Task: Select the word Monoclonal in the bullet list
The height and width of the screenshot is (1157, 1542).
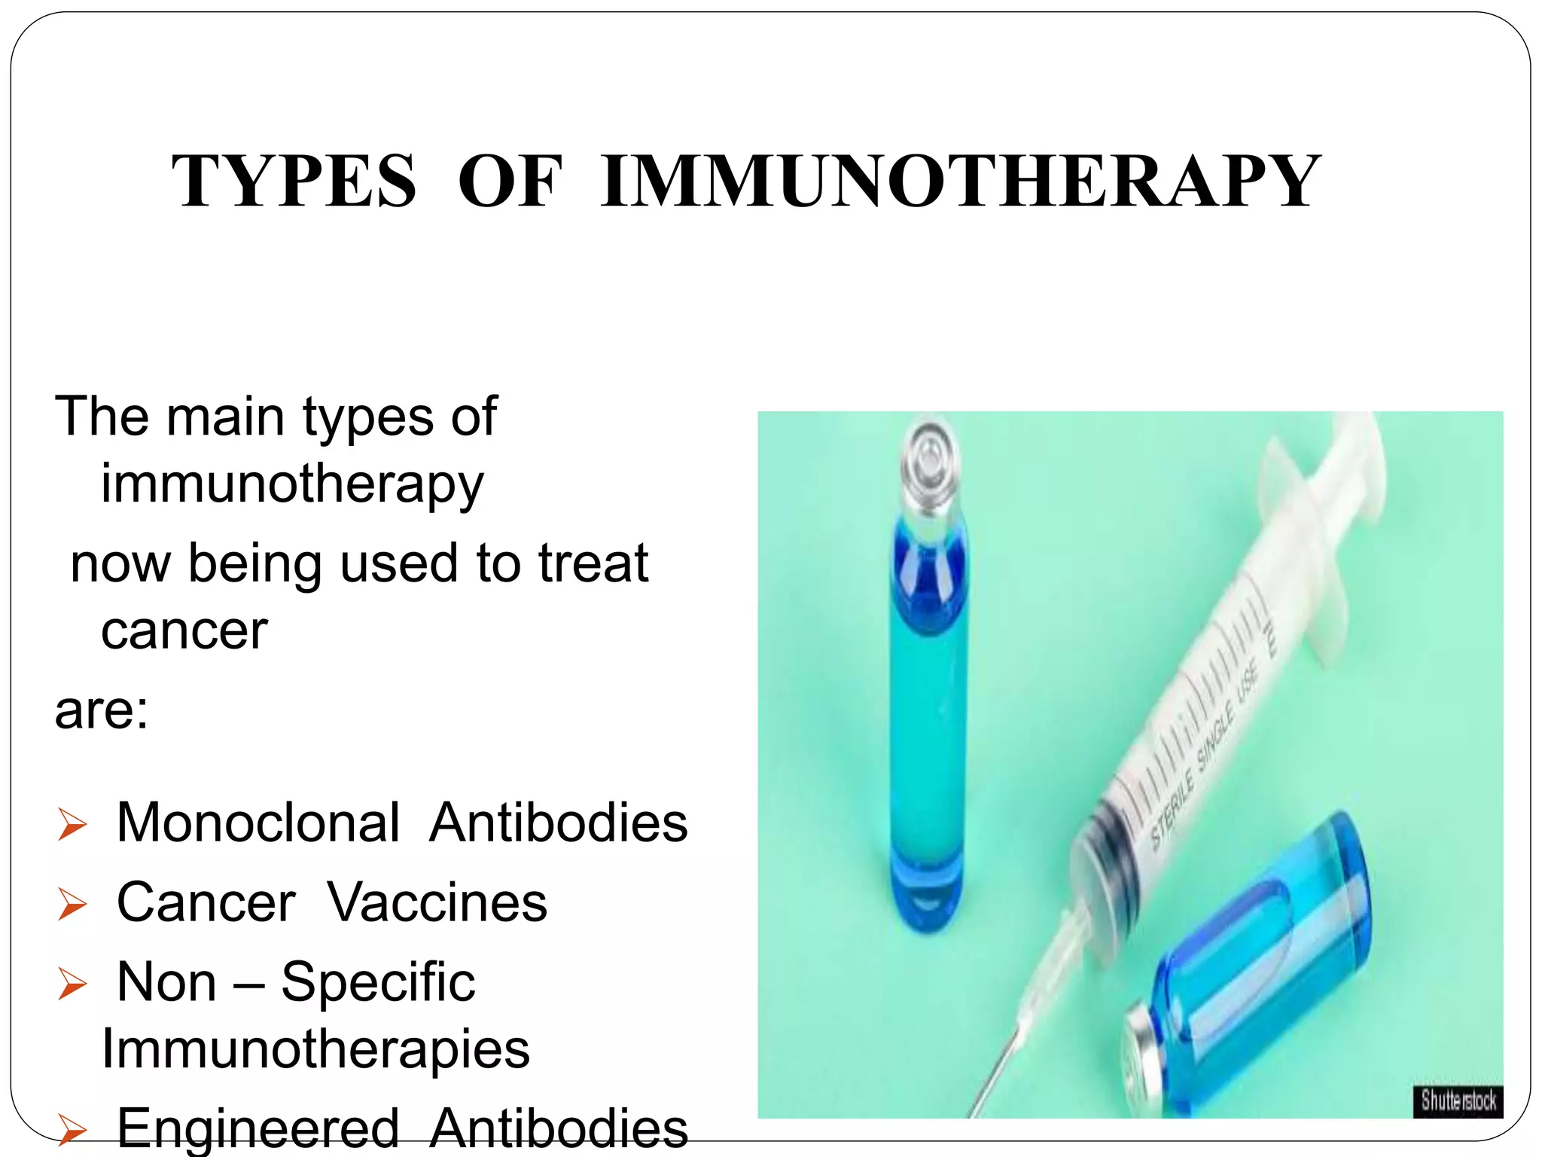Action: click(x=258, y=823)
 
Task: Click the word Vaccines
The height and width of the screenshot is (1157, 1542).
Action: click(x=437, y=902)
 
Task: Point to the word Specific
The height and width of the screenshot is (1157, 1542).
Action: click(x=378, y=983)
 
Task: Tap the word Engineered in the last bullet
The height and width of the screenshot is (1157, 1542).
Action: click(x=258, y=1128)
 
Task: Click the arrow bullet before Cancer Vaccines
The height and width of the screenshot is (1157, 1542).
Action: click(x=72, y=905)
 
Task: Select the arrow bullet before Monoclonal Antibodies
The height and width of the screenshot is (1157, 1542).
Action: click(x=72, y=825)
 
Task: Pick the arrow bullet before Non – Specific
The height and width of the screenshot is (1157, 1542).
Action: click(x=72, y=985)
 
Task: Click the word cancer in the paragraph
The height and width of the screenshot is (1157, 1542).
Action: click(x=184, y=631)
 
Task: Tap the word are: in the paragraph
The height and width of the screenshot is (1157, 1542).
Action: click(x=102, y=710)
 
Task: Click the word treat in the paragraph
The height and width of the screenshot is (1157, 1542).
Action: click(x=593, y=563)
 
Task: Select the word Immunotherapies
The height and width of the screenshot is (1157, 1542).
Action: click(x=315, y=1049)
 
